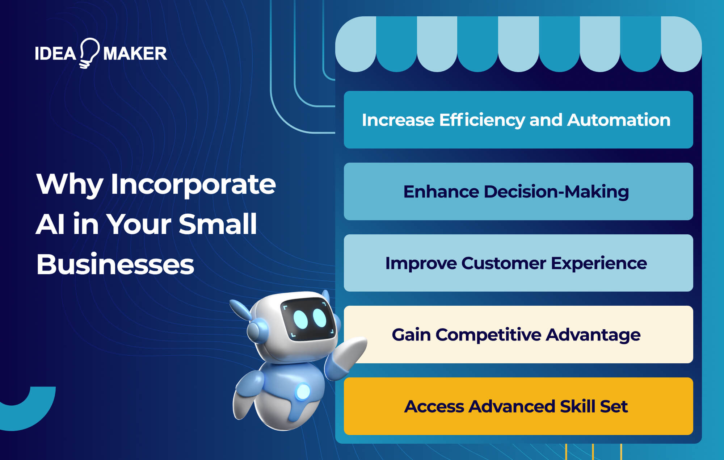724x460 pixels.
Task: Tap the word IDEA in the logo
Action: tap(55, 54)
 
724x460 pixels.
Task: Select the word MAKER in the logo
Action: tap(135, 54)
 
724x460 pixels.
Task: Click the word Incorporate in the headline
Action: tap(193, 185)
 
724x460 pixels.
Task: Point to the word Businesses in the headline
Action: tap(115, 264)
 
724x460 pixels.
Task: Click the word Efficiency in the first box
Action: tap(482, 120)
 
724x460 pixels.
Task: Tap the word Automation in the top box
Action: tap(619, 120)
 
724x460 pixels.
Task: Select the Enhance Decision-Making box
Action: tap(518, 191)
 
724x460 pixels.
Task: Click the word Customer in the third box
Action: tap(504, 263)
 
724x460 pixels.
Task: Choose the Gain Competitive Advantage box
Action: tap(518, 334)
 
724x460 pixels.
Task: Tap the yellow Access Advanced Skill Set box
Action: tap(518, 406)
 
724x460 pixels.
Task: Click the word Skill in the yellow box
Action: tap(577, 406)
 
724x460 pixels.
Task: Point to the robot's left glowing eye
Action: tap(300, 319)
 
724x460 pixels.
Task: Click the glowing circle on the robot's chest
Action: tap(303, 392)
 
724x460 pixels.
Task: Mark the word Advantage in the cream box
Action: tap(593, 334)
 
